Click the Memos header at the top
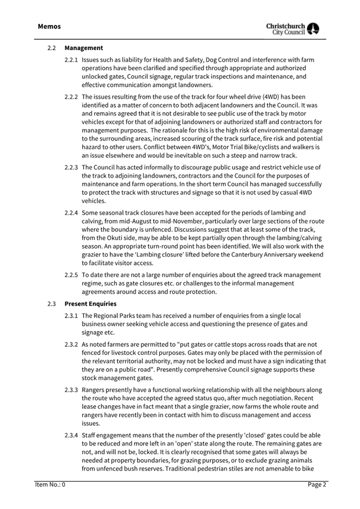pos(49,26)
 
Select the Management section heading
pos(84,48)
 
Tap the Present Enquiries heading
pos(90,304)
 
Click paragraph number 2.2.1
pos(71,60)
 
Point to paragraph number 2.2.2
pos(71,96)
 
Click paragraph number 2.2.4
pos(71,213)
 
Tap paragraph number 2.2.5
pos(71,275)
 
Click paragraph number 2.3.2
pos(71,344)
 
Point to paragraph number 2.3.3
pos(71,390)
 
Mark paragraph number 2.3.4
pos(71,435)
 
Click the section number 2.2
pos(51,48)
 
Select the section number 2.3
pos(51,304)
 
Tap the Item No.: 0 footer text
pos(50,484)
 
